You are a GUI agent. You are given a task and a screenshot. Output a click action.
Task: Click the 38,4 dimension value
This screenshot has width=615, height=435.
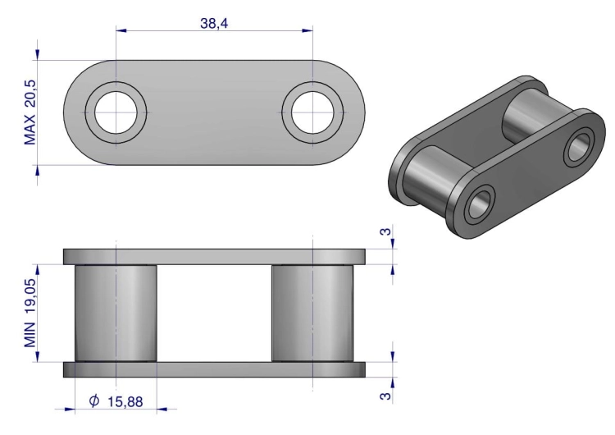pyautogui.click(x=214, y=23)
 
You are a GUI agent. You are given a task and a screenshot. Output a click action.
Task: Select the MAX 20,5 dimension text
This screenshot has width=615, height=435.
pyautogui.click(x=30, y=112)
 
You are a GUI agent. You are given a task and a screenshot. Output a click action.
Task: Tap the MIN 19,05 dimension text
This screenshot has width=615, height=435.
pyautogui.click(x=30, y=313)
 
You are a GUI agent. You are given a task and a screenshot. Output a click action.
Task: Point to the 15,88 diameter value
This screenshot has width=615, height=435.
pyautogui.click(x=125, y=401)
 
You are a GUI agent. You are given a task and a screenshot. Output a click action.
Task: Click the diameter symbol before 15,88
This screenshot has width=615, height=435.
pyautogui.click(x=94, y=401)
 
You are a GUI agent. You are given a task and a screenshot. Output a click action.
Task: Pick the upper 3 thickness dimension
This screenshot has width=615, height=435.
pyautogui.click(x=386, y=231)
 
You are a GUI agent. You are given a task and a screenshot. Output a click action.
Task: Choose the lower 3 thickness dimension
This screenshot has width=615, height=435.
pyautogui.click(x=386, y=396)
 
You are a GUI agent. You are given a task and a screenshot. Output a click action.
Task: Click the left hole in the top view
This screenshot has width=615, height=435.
pyautogui.click(x=116, y=112)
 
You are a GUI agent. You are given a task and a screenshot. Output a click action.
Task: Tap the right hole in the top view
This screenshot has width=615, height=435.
pyautogui.click(x=312, y=112)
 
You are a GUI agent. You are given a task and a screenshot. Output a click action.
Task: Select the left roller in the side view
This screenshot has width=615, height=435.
pyautogui.click(x=116, y=313)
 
